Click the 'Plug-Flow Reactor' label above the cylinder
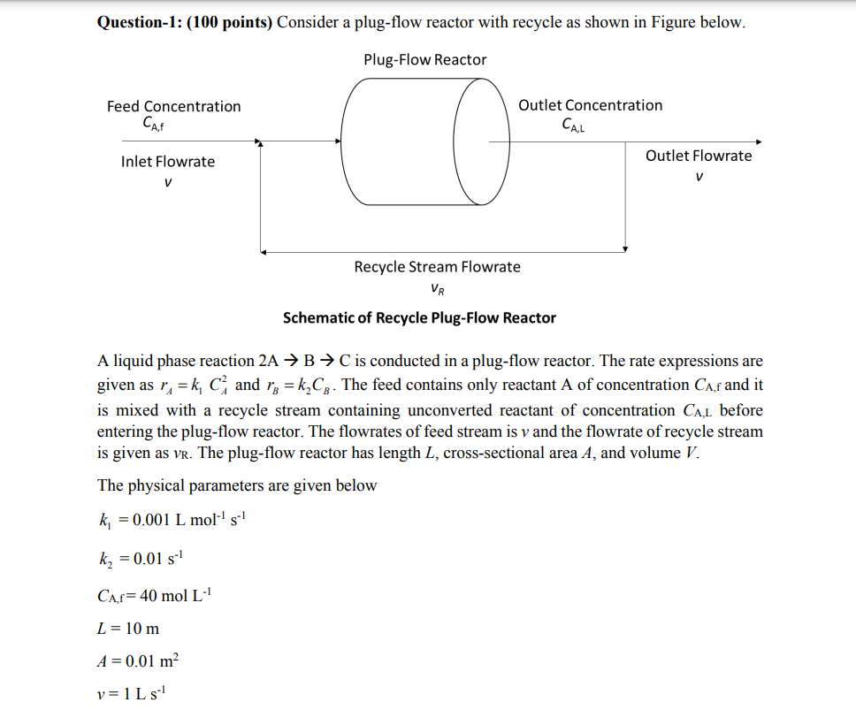(x=424, y=60)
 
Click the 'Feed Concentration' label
(x=173, y=106)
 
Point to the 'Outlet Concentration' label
(x=590, y=105)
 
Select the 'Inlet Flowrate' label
(x=168, y=162)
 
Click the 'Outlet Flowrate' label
(x=699, y=156)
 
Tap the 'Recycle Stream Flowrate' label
(x=437, y=267)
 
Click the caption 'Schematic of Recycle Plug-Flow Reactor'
(x=419, y=317)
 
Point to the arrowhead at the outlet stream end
(x=758, y=141)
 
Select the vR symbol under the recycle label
(x=437, y=288)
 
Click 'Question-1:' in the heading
(x=138, y=22)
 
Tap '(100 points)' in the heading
(x=229, y=22)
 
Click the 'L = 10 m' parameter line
(x=128, y=629)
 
